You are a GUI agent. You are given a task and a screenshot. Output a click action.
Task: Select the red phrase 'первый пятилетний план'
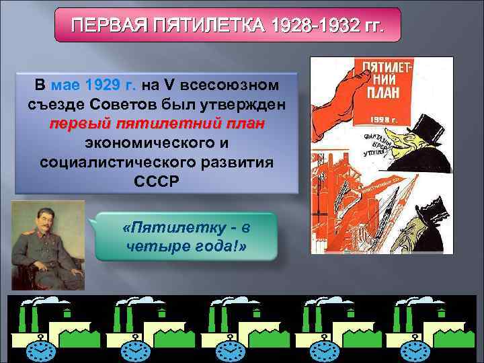157,124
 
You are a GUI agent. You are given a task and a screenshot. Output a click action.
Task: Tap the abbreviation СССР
157,182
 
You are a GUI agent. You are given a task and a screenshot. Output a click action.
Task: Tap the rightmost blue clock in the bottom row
414,349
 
